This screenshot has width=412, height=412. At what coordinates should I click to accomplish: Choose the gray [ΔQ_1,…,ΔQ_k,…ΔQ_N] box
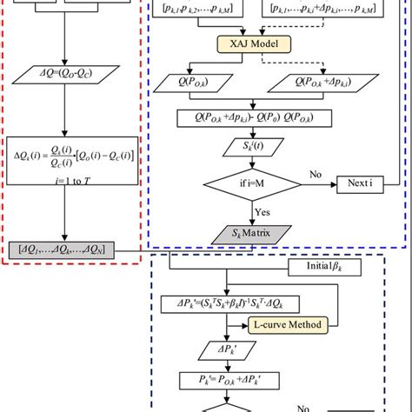(x=74, y=249)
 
